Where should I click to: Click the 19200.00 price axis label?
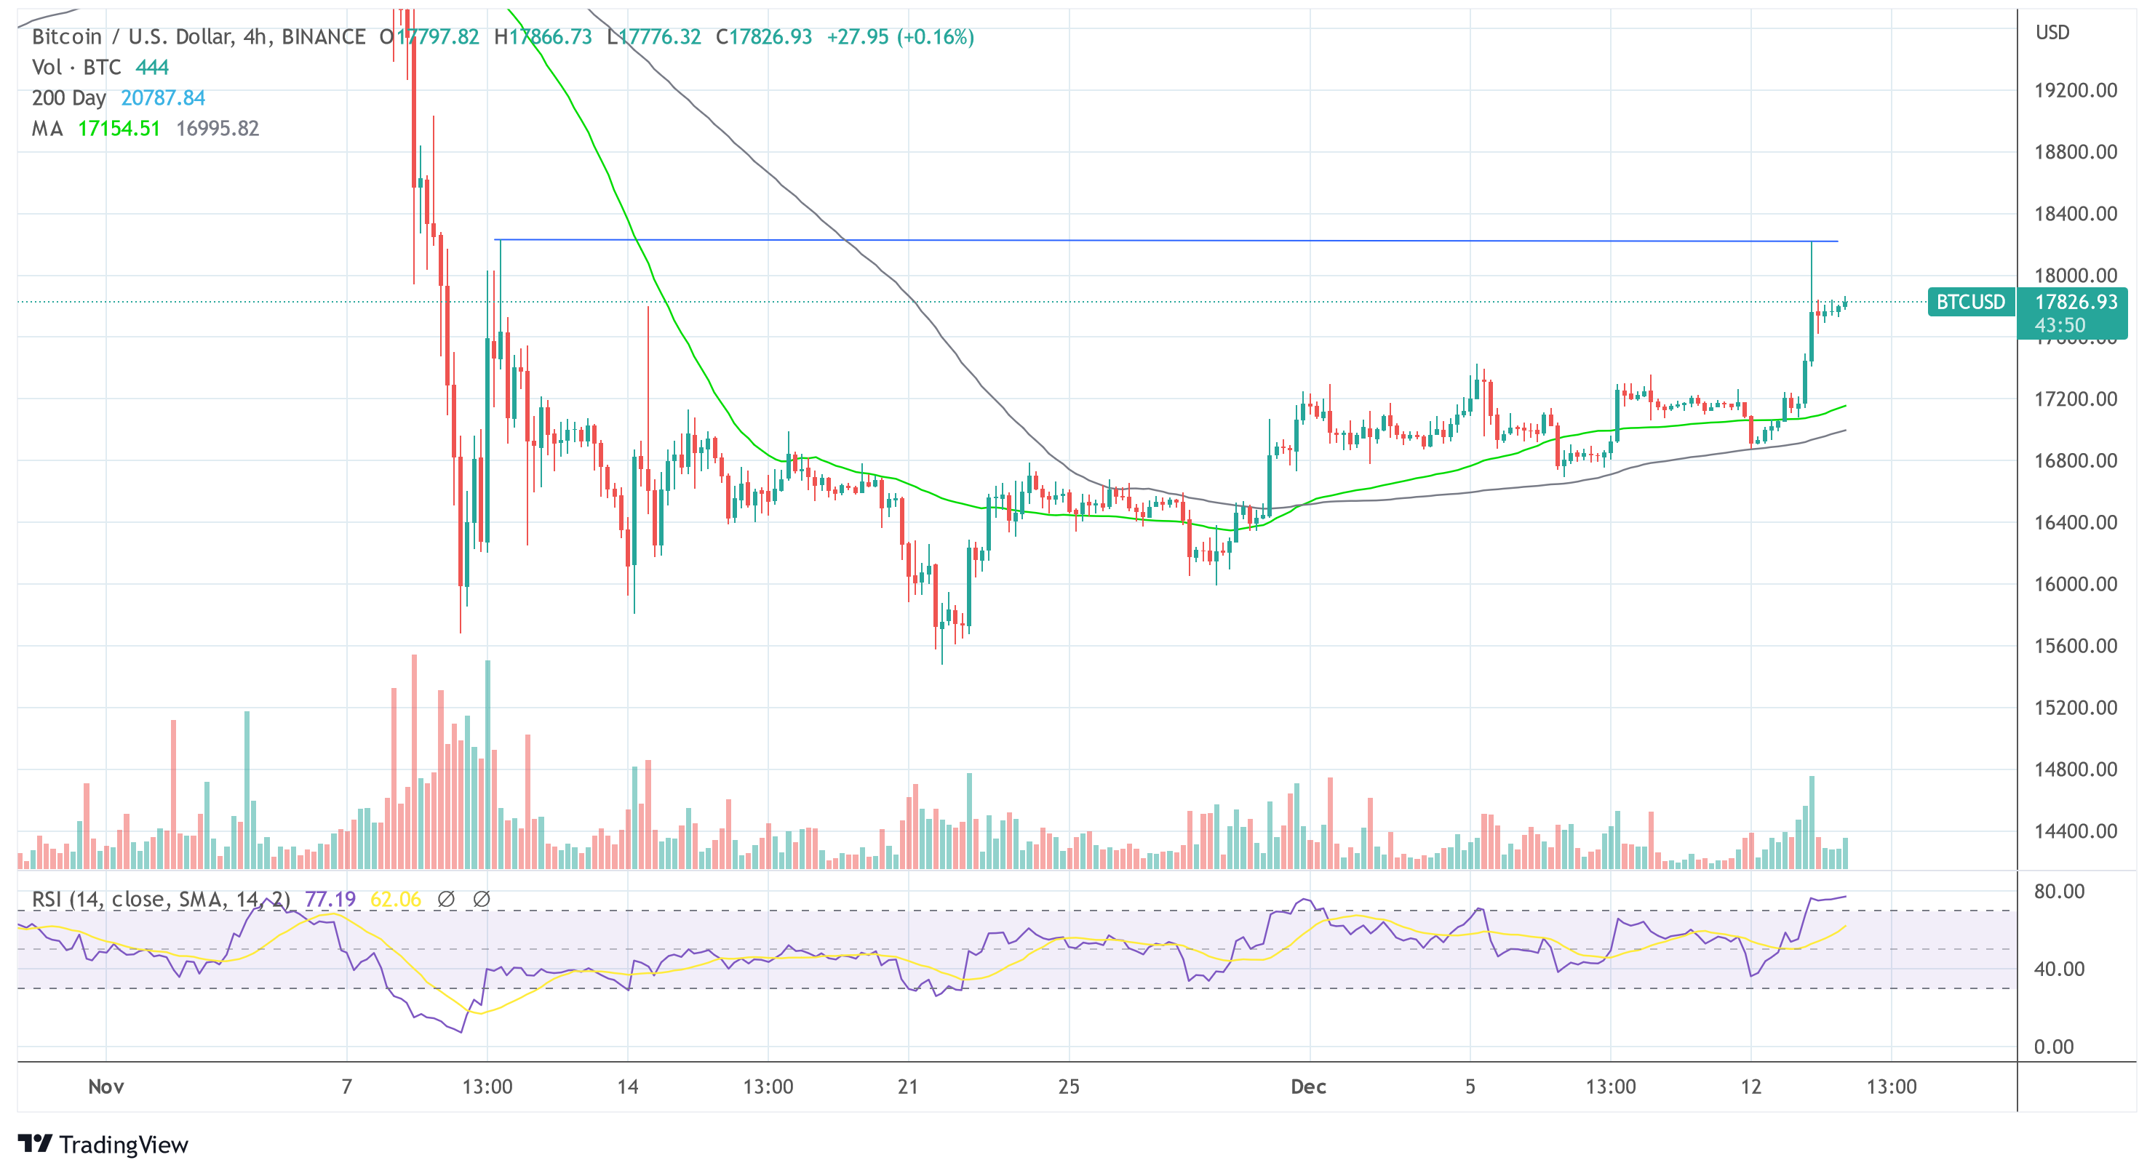[x=2075, y=90]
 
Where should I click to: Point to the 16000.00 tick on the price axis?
[x=2075, y=584]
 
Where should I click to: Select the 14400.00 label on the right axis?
[x=2075, y=831]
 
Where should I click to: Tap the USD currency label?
[x=2052, y=33]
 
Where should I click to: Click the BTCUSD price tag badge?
[x=1970, y=302]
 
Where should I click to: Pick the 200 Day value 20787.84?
[x=163, y=98]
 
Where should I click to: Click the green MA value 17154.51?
[x=119, y=128]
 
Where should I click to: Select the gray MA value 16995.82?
[x=218, y=128]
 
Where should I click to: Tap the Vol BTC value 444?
[x=152, y=67]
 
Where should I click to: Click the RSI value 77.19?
[x=330, y=899]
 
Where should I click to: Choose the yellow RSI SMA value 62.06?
[x=396, y=899]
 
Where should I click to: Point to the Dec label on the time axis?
[x=1308, y=1087]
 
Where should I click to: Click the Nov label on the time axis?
[x=106, y=1087]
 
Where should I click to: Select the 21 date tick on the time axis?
[x=908, y=1087]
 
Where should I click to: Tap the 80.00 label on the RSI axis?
[x=2059, y=891]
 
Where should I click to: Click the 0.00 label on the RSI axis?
[x=2053, y=1047]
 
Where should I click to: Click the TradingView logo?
[x=103, y=1144]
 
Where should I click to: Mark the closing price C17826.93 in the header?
[x=764, y=37]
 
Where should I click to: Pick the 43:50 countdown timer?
[x=2060, y=325]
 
